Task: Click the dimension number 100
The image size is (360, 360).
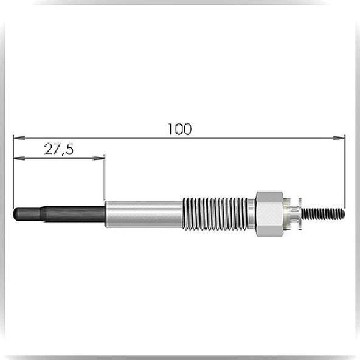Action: click(x=179, y=129)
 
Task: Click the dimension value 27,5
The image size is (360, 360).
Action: click(x=59, y=149)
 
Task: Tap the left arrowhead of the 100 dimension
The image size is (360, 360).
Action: click(x=19, y=138)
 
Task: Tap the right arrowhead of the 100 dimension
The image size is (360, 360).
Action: click(x=339, y=138)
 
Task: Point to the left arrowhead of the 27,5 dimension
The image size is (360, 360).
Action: click(x=19, y=158)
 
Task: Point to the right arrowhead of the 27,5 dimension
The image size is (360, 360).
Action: click(x=99, y=158)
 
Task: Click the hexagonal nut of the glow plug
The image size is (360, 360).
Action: click(x=269, y=214)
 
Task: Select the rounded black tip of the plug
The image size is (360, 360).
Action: click(x=16, y=214)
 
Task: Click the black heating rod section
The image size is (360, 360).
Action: click(x=59, y=214)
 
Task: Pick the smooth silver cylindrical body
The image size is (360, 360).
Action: click(x=144, y=214)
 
